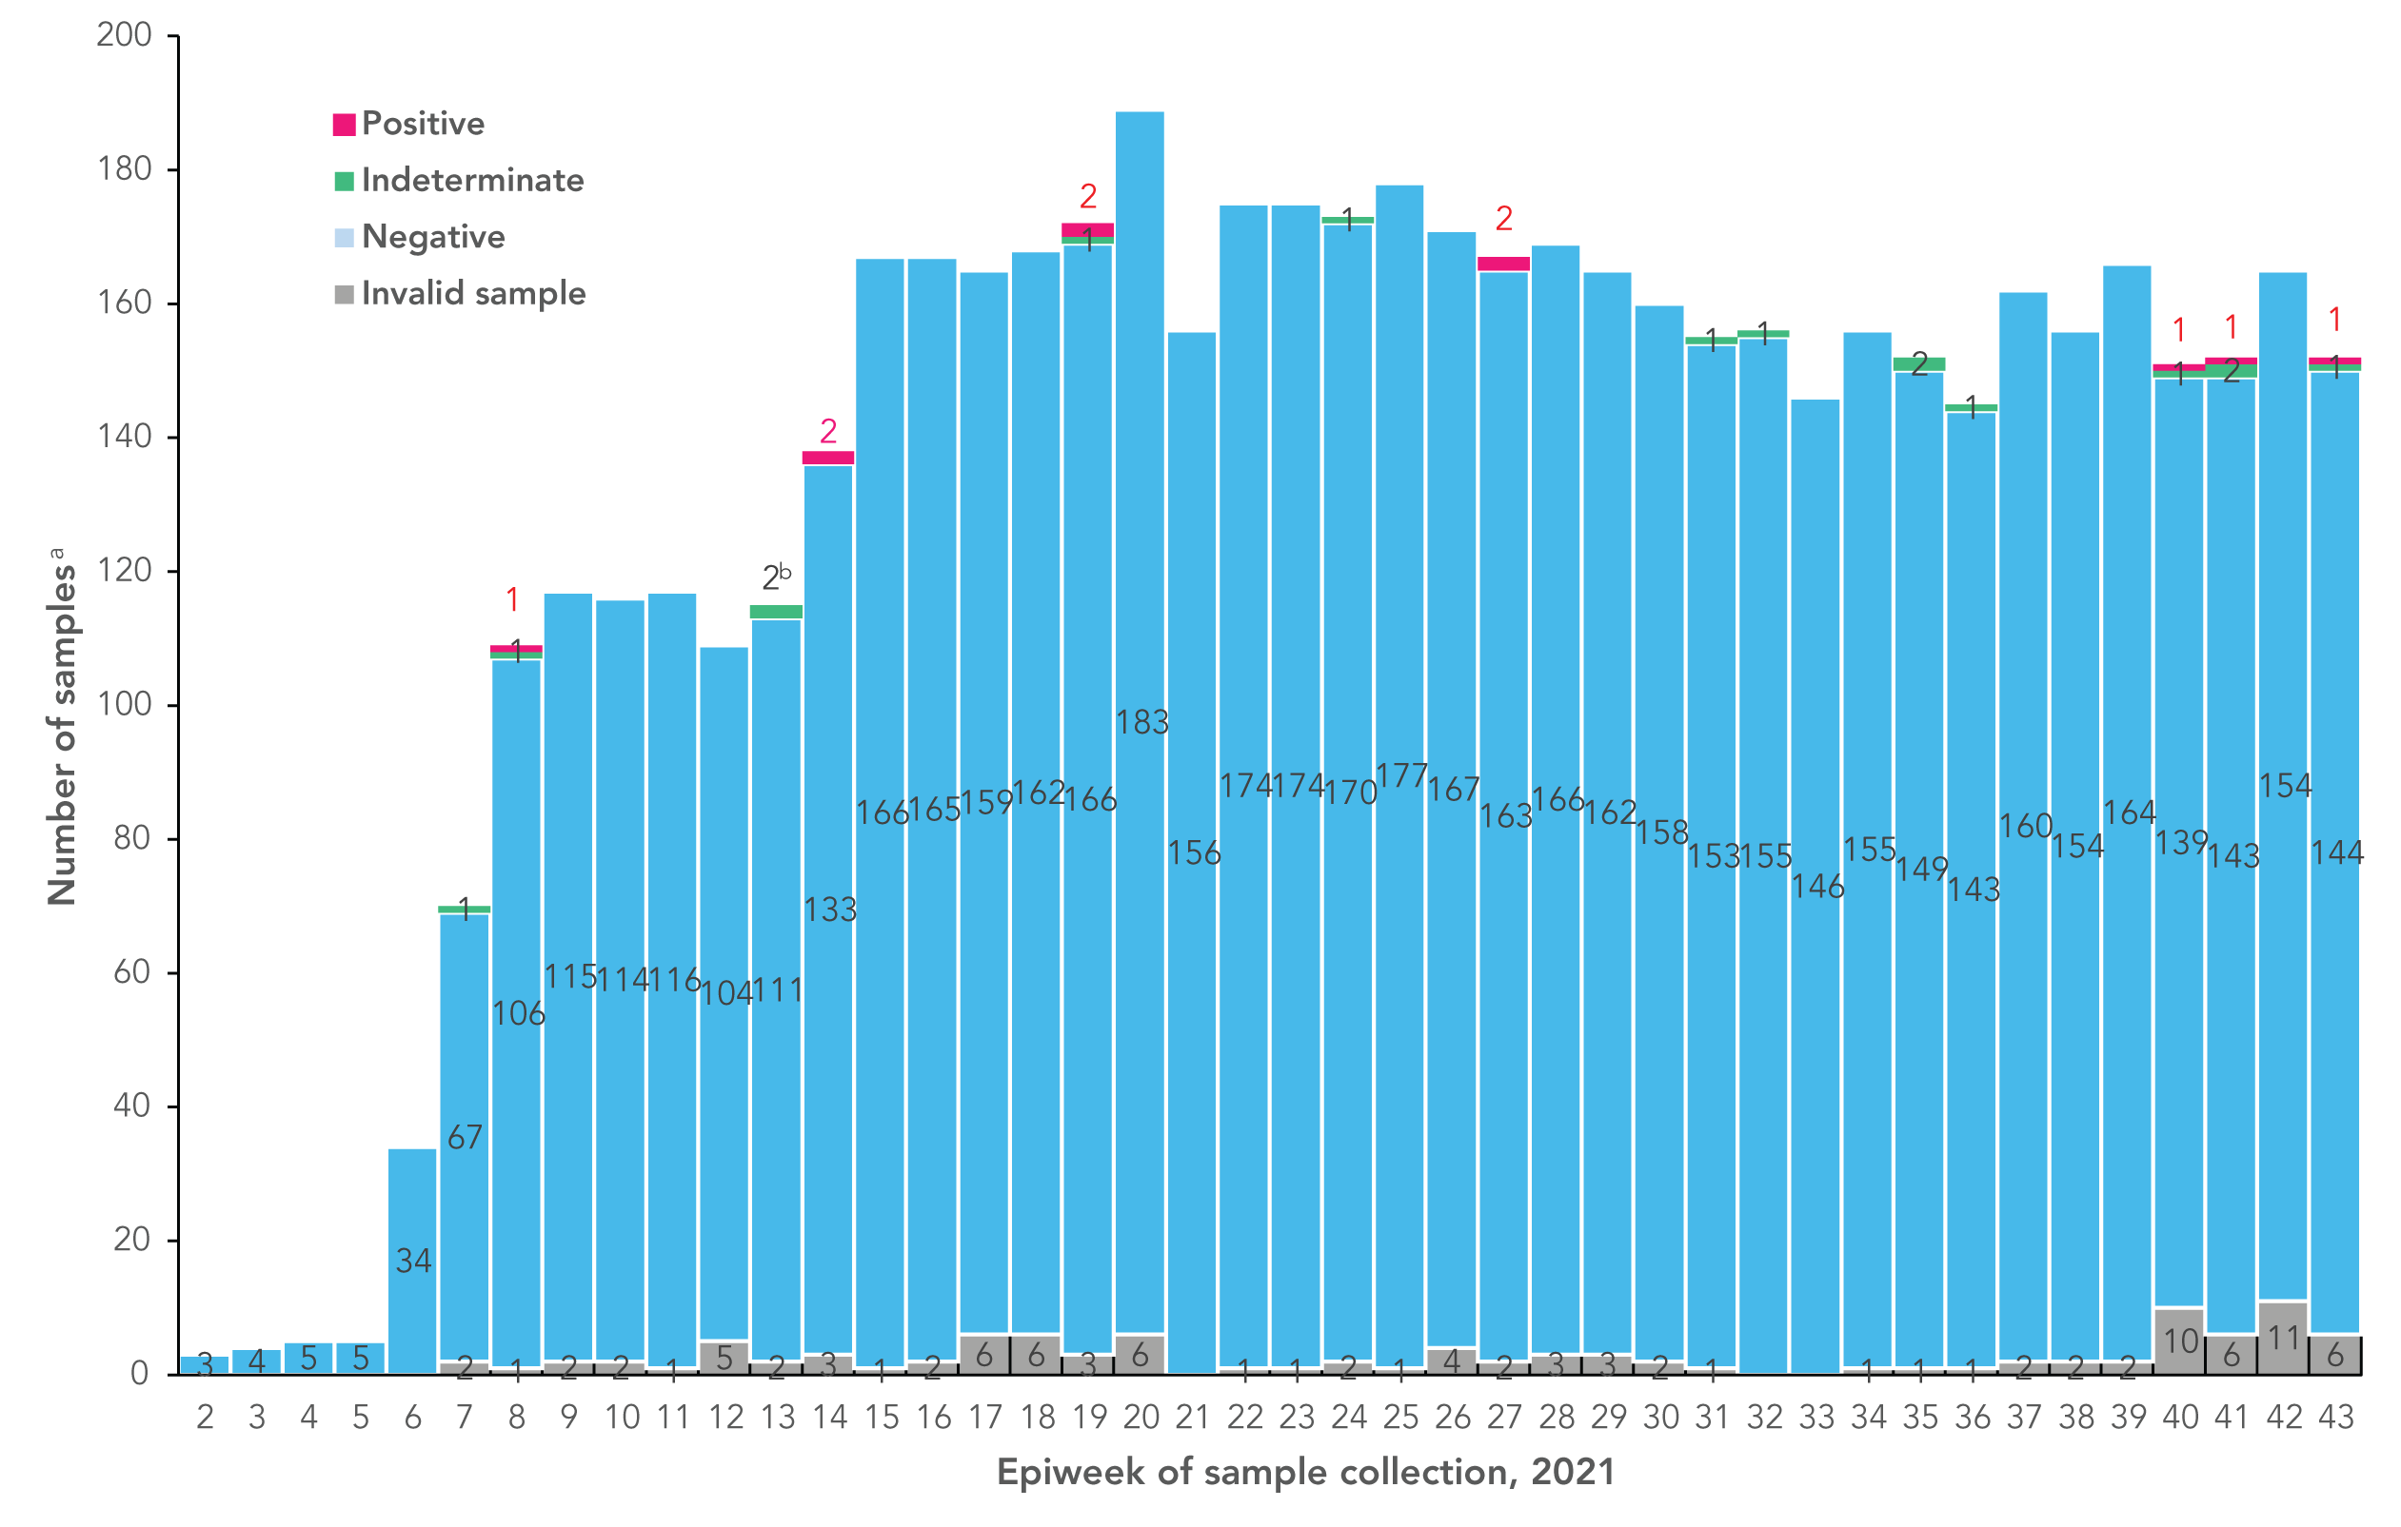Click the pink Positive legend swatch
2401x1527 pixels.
tap(344, 125)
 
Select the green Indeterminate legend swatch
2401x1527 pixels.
tap(344, 182)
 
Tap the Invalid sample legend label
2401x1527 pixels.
tap(473, 294)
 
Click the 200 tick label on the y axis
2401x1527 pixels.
tap(124, 36)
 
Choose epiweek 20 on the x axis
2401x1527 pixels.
tap(1141, 1418)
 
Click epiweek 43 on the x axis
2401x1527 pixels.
tap(2335, 1418)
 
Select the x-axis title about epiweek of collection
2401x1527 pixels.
tap(1305, 1472)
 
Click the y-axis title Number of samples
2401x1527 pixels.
tap(62, 728)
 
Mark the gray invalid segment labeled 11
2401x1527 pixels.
tap(2283, 1338)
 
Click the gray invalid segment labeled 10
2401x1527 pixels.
tap(2179, 1341)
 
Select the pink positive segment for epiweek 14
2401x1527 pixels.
tap(828, 459)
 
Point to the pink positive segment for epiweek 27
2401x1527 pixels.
tap(1503, 264)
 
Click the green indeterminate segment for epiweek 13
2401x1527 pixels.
tap(777, 612)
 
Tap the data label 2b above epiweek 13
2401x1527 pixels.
tap(776, 578)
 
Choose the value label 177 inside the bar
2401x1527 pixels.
tap(1401, 775)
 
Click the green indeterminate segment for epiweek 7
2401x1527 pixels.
tap(465, 909)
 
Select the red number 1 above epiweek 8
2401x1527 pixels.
tap(512, 600)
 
